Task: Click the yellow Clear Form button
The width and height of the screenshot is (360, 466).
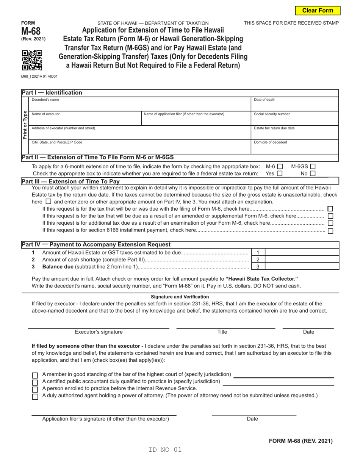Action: [318, 11]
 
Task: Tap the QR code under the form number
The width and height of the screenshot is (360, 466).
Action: [32, 61]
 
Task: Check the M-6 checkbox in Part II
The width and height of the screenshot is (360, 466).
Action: [280, 166]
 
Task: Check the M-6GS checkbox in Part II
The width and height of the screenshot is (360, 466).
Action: [313, 166]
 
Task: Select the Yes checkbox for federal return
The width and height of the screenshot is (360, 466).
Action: [280, 174]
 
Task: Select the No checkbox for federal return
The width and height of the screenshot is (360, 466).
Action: [313, 174]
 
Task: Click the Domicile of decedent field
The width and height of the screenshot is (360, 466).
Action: [295, 147]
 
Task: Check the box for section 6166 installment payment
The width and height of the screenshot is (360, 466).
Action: [330, 231]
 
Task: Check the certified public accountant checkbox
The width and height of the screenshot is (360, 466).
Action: [35, 382]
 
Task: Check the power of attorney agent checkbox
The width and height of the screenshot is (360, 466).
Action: [35, 396]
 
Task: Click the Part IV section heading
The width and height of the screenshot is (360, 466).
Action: [96, 245]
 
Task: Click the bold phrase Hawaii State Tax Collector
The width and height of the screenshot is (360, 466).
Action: [262, 278]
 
